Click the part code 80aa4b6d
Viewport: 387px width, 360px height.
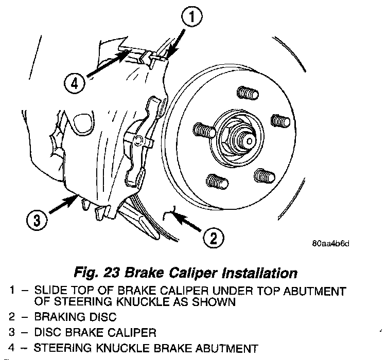(330, 243)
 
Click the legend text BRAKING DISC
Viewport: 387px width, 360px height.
(76, 317)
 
